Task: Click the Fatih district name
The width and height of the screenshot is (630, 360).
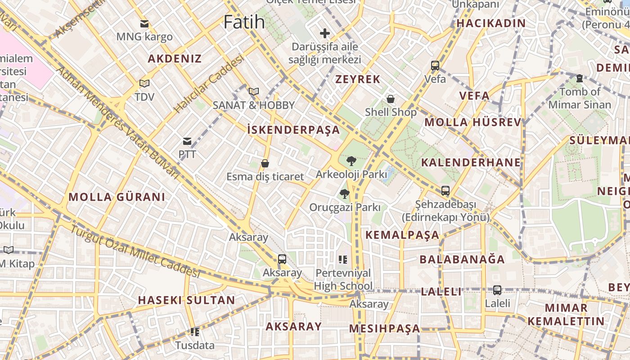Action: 244,22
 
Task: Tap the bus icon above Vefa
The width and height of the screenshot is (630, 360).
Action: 435,66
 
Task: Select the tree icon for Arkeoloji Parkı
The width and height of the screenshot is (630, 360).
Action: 351,161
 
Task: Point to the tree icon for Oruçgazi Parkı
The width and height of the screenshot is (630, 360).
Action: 344,194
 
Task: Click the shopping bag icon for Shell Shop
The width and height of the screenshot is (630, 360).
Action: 391,99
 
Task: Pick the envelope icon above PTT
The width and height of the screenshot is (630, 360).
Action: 187,141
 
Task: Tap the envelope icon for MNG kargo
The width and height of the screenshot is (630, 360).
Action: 144,24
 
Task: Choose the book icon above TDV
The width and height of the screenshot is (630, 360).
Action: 144,83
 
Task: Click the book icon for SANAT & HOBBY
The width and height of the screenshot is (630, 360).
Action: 254,92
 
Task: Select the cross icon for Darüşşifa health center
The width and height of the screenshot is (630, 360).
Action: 324,33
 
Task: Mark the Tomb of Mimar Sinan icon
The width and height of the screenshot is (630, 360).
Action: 580,79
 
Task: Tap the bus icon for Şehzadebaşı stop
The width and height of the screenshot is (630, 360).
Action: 445,191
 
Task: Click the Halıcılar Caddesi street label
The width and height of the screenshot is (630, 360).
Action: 209,84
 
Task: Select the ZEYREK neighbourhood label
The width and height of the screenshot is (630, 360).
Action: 358,79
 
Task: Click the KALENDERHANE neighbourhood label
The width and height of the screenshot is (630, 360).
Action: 471,162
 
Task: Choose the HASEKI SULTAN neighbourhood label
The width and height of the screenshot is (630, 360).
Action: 186,300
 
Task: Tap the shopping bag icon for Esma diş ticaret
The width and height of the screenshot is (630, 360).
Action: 265,163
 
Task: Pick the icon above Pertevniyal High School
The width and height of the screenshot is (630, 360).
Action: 343,260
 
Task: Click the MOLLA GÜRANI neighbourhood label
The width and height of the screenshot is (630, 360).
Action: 117,197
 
